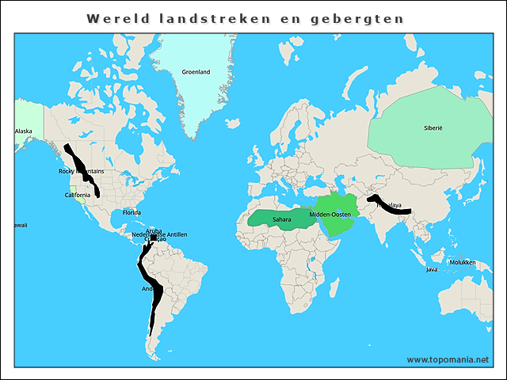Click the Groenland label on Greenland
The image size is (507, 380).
tap(196, 72)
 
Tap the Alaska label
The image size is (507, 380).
tap(24, 131)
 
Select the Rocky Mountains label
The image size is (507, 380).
tap(81, 171)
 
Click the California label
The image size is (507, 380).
tap(78, 195)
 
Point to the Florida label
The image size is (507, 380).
tap(132, 212)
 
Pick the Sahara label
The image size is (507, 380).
tap(281, 219)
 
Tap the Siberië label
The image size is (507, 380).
tap(433, 127)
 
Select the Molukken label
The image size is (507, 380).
tap(462, 262)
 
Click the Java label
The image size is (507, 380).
tap(432, 269)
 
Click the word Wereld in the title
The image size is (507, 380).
tap(114, 18)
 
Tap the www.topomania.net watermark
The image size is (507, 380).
tap(448, 359)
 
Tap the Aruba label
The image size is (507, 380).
tap(154, 230)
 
